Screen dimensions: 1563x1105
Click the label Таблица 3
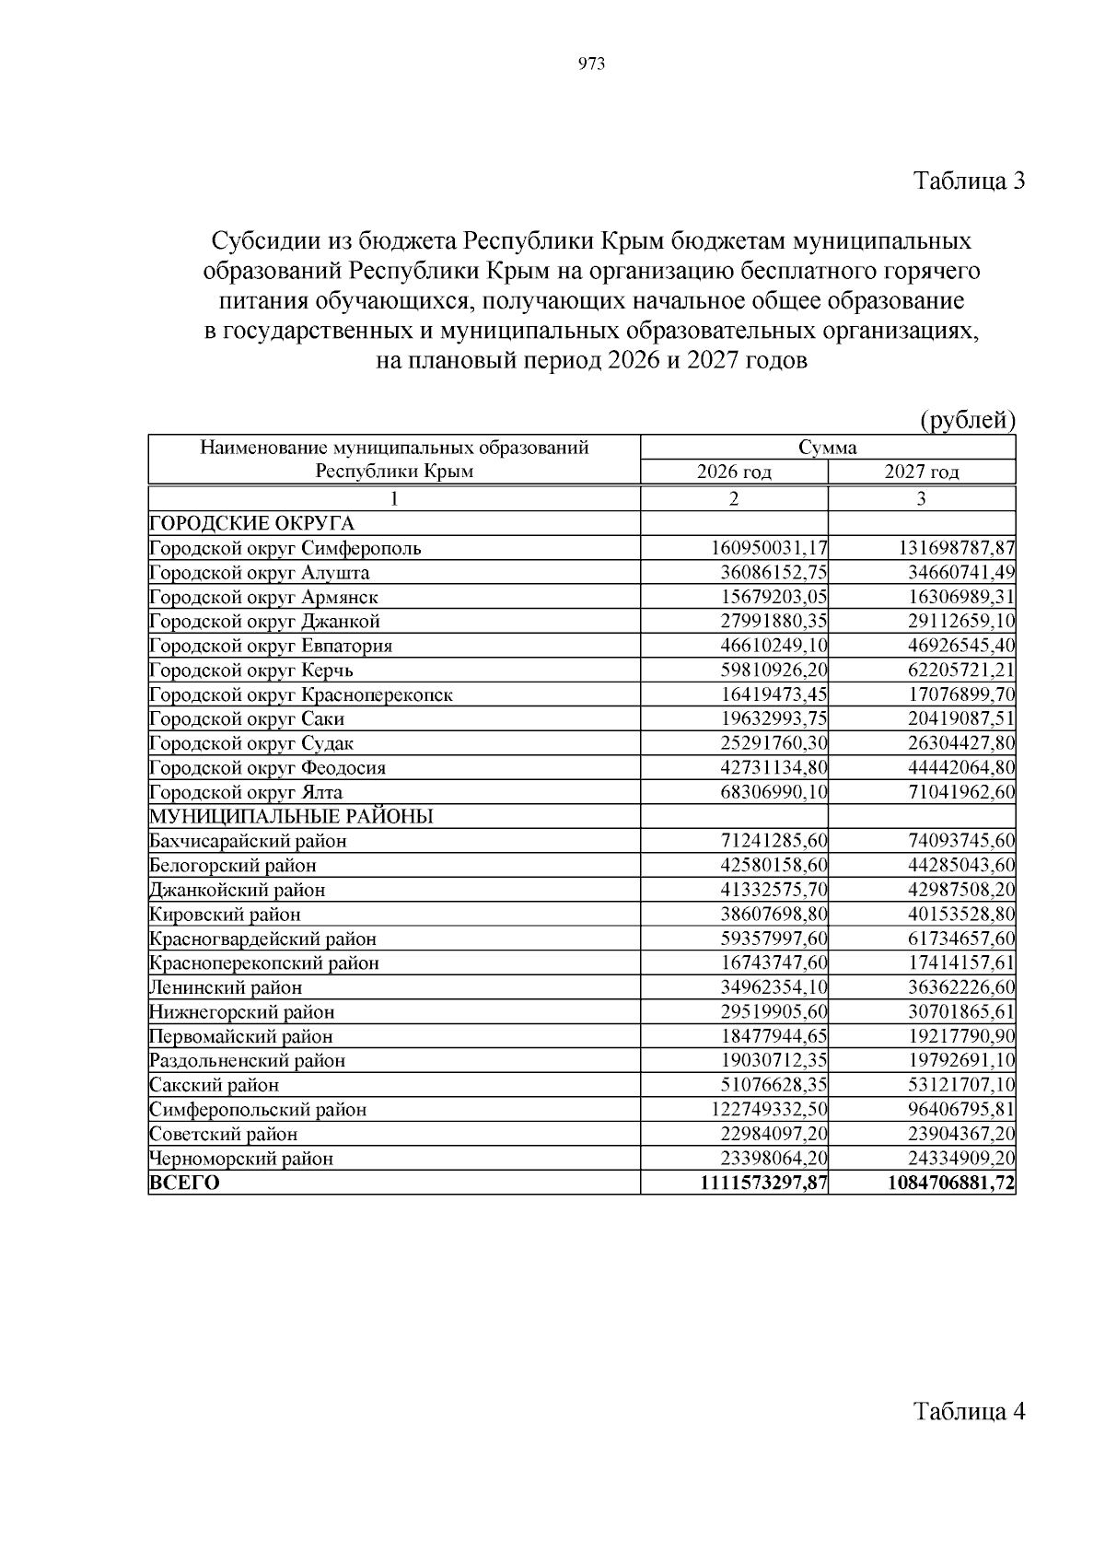(x=969, y=181)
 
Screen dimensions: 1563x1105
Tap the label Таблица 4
(x=969, y=1411)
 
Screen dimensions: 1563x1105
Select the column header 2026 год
(x=734, y=472)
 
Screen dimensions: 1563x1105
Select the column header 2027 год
(x=922, y=472)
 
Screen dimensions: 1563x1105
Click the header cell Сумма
(x=828, y=449)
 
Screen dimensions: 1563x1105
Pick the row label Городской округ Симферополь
(x=285, y=549)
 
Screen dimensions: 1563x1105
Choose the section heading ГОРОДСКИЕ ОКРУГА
(x=251, y=524)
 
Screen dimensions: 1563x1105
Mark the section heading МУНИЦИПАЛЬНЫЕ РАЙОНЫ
(x=291, y=817)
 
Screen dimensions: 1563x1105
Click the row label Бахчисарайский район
(x=248, y=841)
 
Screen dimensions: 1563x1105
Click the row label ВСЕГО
(x=184, y=1183)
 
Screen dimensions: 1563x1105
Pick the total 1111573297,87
(x=762, y=1183)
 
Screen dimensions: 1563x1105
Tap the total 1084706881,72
(x=950, y=1183)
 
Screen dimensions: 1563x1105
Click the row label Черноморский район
(x=240, y=1159)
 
